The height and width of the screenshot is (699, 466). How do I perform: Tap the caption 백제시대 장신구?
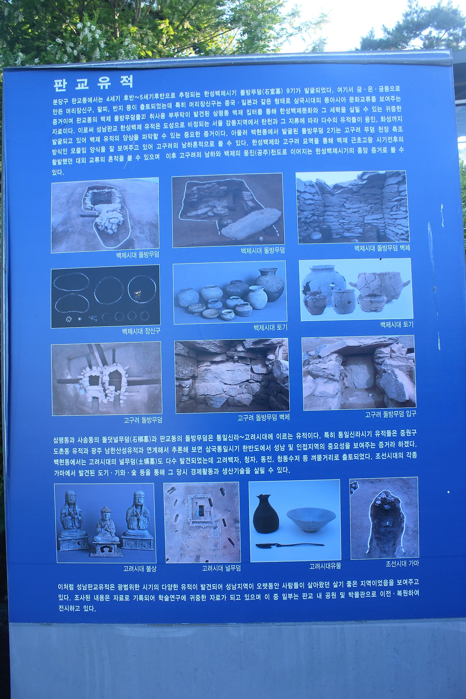pos(141,331)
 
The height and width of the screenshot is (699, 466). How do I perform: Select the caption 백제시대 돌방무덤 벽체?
pos(382,248)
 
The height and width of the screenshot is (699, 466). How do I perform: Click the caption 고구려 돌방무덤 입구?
pos(391,414)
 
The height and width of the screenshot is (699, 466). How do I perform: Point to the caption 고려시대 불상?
pos(140,568)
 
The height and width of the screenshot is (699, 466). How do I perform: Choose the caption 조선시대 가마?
pos(402,564)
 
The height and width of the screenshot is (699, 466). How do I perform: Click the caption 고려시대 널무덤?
pos(221,568)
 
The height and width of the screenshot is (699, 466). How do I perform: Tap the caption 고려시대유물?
pos(325,566)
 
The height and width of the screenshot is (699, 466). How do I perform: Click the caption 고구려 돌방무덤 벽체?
pos(264,418)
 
